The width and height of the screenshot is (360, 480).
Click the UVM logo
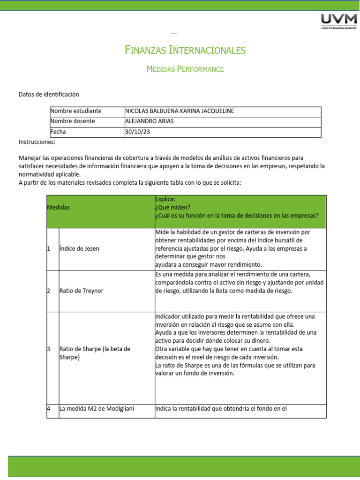click(337, 21)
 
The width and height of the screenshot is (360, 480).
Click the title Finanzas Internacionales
click(185, 50)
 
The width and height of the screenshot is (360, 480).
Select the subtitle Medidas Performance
click(185, 69)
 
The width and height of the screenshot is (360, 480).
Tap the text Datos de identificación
click(49, 94)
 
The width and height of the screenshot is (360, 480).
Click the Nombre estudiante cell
click(75, 111)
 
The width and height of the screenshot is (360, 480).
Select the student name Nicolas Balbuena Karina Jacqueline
click(180, 111)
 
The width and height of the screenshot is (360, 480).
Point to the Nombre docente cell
click(73, 121)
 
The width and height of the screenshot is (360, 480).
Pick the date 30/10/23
click(135, 132)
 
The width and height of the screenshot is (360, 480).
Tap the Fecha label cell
click(58, 132)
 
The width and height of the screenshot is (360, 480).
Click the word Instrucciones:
click(37, 142)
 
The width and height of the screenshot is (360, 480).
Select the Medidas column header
click(59, 207)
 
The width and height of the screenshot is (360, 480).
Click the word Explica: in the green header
click(165, 199)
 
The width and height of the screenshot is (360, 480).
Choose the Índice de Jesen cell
click(79, 248)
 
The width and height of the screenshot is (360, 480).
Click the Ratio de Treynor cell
click(82, 291)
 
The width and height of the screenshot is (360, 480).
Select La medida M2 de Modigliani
click(97, 409)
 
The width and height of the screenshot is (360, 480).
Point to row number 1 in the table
click(49, 248)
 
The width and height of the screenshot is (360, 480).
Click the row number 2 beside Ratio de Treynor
click(49, 291)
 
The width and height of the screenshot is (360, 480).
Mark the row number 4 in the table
click(49, 409)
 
